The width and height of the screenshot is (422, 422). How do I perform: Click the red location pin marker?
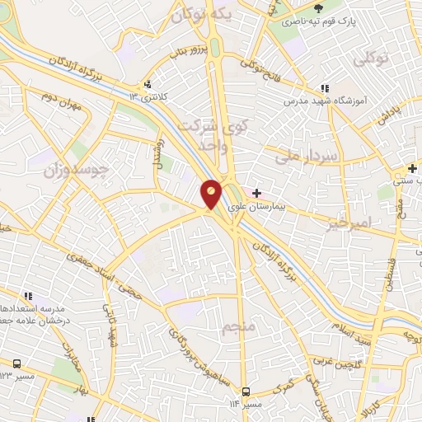[211, 194]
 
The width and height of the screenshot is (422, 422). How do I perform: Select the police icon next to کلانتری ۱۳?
[147, 84]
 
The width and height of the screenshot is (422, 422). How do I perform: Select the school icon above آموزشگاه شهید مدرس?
[325, 88]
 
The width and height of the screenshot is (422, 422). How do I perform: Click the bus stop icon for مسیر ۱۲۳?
[17, 363]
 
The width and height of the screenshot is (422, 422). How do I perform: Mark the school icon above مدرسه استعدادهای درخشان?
[28, 294]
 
